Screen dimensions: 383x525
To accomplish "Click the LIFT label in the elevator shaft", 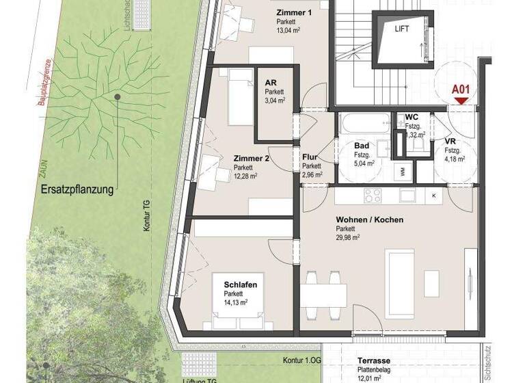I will [401, 29].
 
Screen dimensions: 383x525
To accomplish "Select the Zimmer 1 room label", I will [295, 13].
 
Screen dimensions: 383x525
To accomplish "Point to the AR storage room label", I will [271, 83].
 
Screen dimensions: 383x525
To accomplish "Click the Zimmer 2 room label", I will [251, 158].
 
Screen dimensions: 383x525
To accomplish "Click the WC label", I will [412, 117].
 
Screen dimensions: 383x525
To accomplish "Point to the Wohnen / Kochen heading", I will [369, 220].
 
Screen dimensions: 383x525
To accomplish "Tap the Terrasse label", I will [373, 360].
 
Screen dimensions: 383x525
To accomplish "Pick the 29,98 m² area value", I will [348, 238].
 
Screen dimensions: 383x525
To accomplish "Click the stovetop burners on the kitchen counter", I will [373, 196].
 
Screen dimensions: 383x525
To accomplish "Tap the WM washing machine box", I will [403, 170].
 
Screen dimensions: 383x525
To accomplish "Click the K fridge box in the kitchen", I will [434, 196].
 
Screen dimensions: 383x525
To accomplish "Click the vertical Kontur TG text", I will [146, 215].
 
